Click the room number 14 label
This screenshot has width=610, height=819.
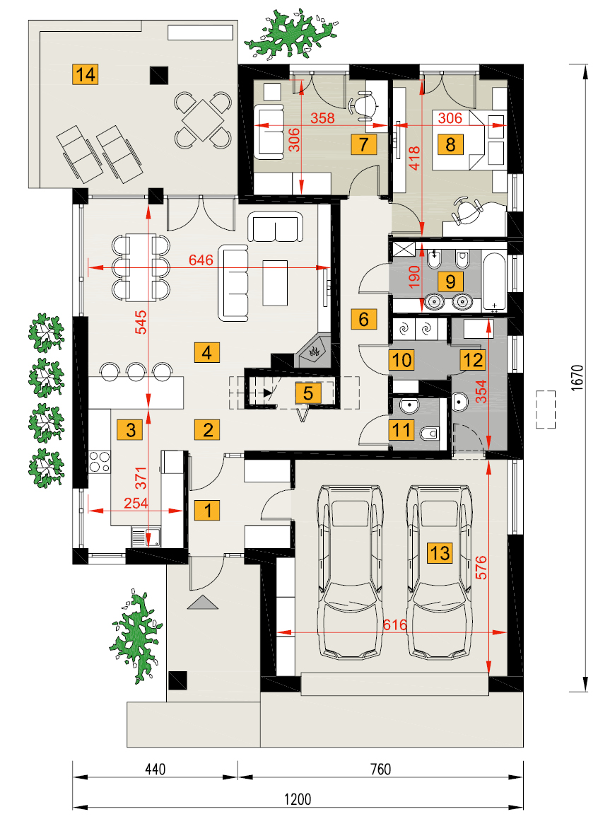(x=86, y=75)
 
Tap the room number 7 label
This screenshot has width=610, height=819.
(x=364, y=144)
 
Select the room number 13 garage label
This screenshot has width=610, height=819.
(x=440, y=552)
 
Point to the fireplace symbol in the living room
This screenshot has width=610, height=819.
(x=315, y=351)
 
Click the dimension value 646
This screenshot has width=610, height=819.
(x=201, y=260)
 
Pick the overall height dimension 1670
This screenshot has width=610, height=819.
(x=577, y=378)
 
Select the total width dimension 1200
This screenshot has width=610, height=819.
(x=298, y=799)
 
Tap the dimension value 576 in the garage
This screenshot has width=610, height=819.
(x=481, y=567)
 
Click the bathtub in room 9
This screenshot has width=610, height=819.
(x=494, y=282)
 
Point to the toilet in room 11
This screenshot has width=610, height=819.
(x=430, y=433)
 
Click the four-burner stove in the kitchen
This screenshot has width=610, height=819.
(x=99, y=462)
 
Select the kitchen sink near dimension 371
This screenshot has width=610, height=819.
(x=146, y=538)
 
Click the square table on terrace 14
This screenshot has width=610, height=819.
(x=203, y=120)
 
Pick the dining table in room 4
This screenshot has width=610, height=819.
(x=141, y=267)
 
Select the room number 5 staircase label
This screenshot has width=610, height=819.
(x=308, y=393)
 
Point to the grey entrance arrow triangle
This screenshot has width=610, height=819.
(x=202, y=603)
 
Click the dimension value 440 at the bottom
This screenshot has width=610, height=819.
(x=155, y=769)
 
